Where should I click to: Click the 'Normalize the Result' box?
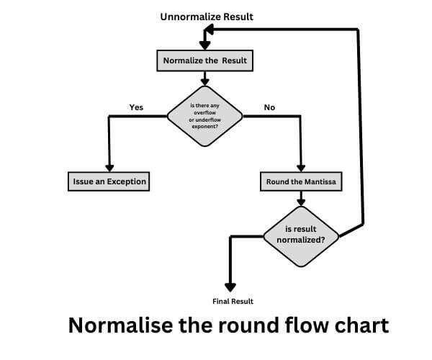coord(204,60)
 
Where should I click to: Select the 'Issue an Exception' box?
coord(109,181)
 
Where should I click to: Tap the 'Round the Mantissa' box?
coord(301,182)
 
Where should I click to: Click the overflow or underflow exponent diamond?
coord(205,116)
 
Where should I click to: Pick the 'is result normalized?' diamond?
coord(301,235)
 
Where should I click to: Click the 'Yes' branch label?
coord(136,107)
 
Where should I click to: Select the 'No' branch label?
coord(269,107)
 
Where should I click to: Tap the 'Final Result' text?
coord(233,301)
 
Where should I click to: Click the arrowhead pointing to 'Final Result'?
coord(231,286)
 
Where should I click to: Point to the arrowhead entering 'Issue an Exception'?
coord(109,167)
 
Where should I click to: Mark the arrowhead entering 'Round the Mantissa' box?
coord(301,167)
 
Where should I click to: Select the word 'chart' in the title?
coord(359,325)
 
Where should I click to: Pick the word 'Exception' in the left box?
coord(125,181)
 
